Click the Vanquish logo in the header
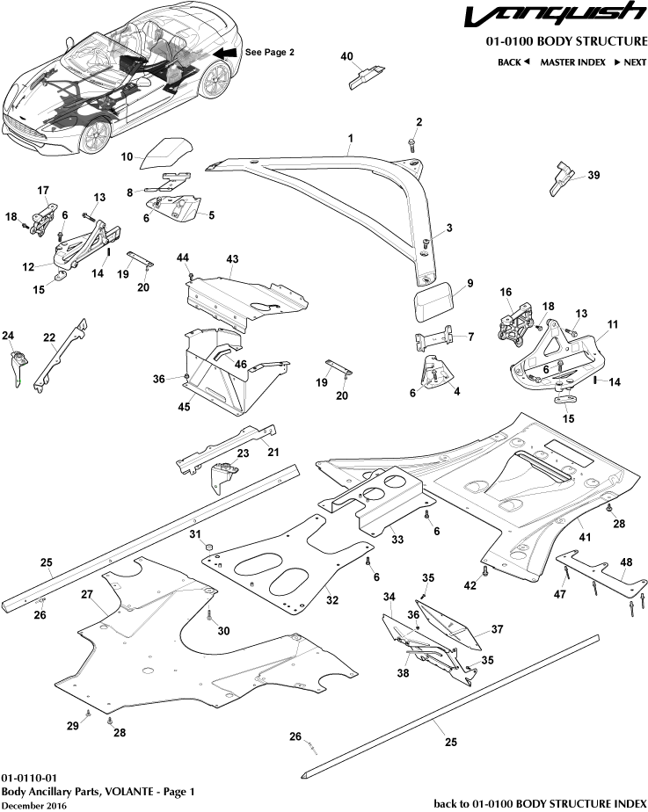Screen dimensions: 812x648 555,16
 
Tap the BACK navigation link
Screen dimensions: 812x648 513,62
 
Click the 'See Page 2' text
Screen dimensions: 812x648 269,53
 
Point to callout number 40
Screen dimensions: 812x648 346,57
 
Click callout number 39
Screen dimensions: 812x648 593,176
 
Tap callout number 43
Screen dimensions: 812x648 232,259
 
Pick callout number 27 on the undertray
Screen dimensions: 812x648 88,595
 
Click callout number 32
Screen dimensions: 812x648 331,601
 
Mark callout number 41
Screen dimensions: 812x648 585,536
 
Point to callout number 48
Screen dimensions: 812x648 626,562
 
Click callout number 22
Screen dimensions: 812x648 49,337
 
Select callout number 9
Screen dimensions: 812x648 470,283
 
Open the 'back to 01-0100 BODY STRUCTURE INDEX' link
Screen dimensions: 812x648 541,803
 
